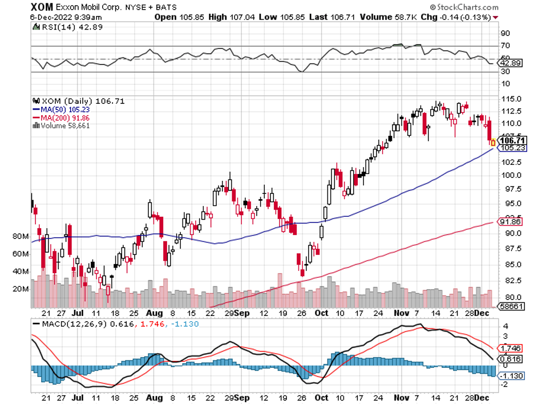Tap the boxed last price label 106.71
click(x=511, y=140)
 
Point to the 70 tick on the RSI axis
click(x=505, y=46)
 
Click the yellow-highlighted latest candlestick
click(x=493, y=142)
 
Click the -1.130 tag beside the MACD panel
click(x=512, y=376)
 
